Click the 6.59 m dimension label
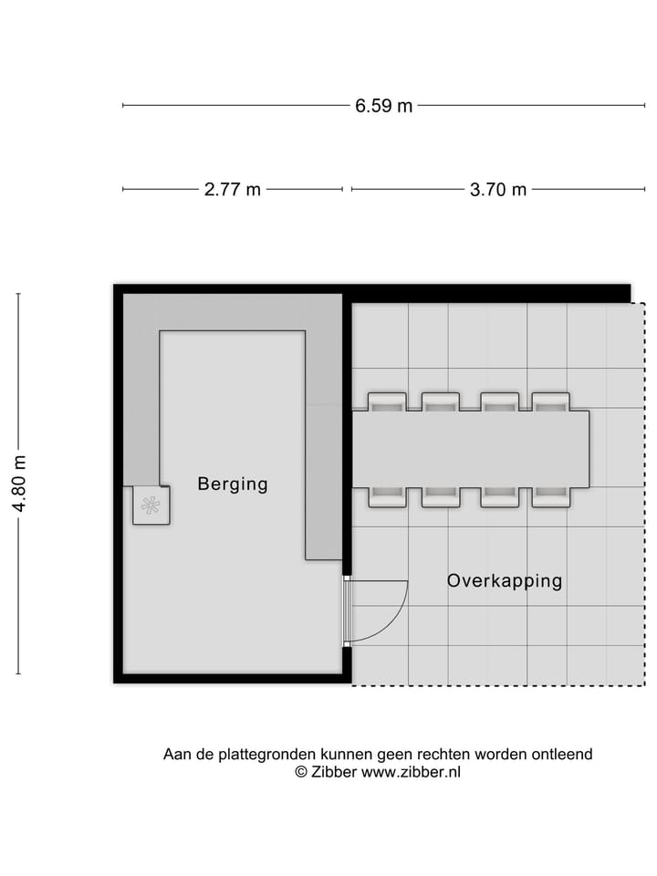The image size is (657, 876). tap(383, 106)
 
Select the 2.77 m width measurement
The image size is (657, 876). tap(232, 190)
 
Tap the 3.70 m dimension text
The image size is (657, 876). tap(497, 190)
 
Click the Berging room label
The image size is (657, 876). tap(233, 485)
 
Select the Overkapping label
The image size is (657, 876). tap(504, 580)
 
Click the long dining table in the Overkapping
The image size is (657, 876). tap(470, 449)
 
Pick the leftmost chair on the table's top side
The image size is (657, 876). tap(386, 402)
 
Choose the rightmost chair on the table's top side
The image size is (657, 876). tap(551, 402)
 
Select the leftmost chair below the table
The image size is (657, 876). tap(386, 496)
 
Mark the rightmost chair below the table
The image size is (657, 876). tap(551, 496)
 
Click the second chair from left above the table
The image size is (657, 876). tap(441, 402)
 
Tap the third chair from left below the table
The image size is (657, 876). tap(499, 496)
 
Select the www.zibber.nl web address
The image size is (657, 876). tap(412, 772)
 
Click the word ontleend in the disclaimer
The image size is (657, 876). tap(563, 755)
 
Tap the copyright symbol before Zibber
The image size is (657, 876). tap(300, 772)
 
